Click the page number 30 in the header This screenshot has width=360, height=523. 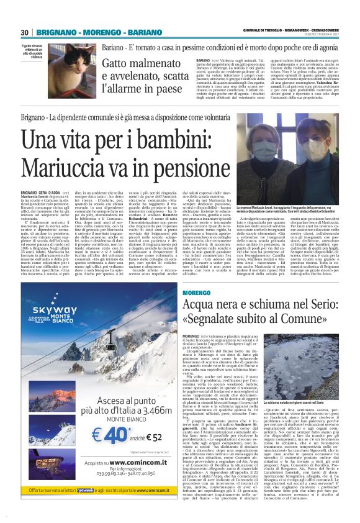24,32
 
